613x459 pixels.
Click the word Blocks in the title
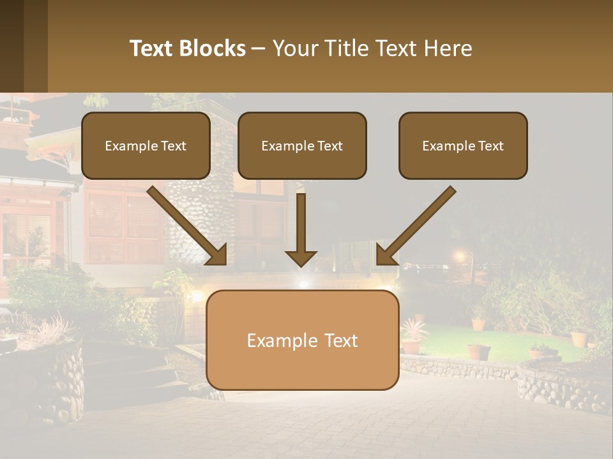point(213,48)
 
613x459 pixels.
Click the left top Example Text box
point(146,145)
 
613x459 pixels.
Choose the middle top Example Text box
point(302,145)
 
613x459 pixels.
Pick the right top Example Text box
point(463,145)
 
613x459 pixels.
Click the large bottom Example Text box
point(302,340)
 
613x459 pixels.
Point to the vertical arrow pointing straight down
point(301,226)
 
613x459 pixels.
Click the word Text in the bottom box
point(338,340)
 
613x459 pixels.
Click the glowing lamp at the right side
point(459,256)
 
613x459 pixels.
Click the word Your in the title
point(294,48)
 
